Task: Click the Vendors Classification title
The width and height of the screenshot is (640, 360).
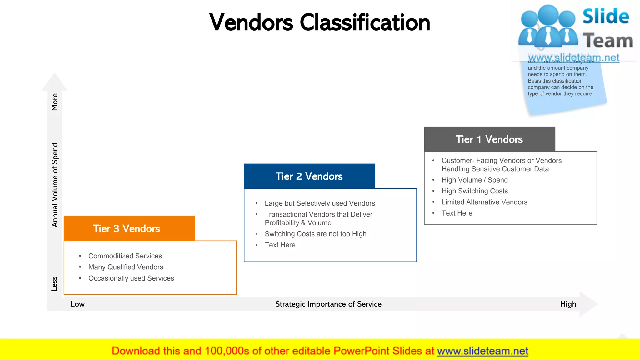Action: [x=319, y=23]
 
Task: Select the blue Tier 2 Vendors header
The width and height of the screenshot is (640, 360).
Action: [x=309, y=176]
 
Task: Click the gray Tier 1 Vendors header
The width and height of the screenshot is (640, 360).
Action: [x=489, y=139]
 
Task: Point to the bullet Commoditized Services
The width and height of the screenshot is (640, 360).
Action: [x=125, y=256]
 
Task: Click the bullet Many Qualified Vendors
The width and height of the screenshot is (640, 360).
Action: [x=126, y=267]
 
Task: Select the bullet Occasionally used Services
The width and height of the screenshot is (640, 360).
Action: [x=131, y=278]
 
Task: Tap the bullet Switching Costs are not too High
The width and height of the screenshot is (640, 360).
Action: [x=315, y=234]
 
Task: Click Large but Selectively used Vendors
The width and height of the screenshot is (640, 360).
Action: [x=320, y=203]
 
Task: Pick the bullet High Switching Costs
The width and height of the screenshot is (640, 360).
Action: [x=474, y=191]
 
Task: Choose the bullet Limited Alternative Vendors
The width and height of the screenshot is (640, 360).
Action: [x=484, y=202]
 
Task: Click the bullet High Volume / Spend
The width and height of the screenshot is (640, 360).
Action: [x=474, y=180]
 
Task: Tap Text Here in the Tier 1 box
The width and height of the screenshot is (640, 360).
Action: [x=457, y=213]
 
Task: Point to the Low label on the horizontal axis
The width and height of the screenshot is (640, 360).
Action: [x=77, y=304]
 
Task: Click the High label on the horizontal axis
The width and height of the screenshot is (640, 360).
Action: [x=568, y=304]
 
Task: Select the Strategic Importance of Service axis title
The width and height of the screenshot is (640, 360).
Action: [x=328, y=304]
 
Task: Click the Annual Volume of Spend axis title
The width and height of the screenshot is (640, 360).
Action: [x=55, y=185]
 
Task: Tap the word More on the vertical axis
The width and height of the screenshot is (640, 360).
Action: [x=55, y=102]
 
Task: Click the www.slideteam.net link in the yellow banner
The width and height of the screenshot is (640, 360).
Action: [x=482, y=351]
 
